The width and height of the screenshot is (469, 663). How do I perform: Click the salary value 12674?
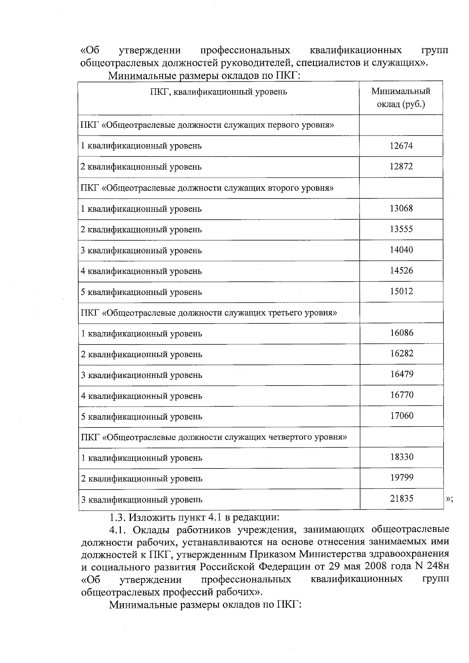click(x=401, y=146)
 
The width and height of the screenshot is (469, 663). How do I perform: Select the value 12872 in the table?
click(x=401, y=166)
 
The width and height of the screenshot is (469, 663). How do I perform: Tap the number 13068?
click(x=401, y=208)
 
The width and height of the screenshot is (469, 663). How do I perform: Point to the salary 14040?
click(x=401, y=250)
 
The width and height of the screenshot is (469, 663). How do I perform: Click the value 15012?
click(x=401, y=291)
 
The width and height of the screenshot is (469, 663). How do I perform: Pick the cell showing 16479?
click(x=401, y=374)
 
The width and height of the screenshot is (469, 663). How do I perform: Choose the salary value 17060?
click(x=401, y=416)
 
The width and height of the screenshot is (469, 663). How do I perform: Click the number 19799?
click(x=401, y=478)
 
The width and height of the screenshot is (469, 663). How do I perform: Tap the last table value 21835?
click(x=401, y=499)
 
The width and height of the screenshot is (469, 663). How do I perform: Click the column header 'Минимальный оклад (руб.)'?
click(x=401, y=98)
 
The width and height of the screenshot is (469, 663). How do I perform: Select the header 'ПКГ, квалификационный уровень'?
click(x=218, y=92)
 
